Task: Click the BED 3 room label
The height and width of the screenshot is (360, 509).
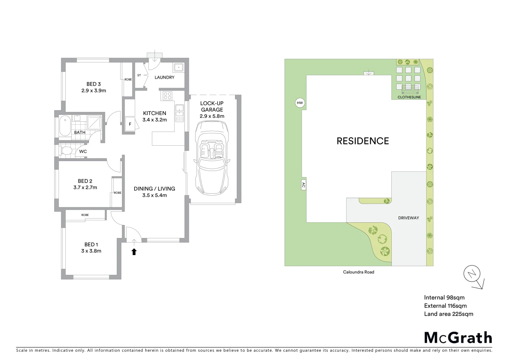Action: pos(94,84)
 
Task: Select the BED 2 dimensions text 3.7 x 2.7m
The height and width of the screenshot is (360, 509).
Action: pos(85,188)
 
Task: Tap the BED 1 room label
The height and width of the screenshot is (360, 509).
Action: pos(91,245)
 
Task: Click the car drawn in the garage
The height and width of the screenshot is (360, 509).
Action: pos(212,158)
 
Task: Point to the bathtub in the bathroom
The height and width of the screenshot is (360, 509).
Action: pos(64,125)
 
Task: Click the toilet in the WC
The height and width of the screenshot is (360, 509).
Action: pos(66,151)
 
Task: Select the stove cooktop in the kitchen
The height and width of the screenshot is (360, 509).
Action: pos(167,96)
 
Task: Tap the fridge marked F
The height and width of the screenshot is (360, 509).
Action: pos(130,124)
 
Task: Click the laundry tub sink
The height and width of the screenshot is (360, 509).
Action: pos(178,67)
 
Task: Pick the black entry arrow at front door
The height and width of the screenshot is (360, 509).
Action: pos(134,252)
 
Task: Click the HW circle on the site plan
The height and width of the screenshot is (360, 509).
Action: pos(300,103)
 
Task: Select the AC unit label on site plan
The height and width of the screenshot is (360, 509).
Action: pos(303,185)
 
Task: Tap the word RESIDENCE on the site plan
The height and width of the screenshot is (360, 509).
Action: pos(363,141)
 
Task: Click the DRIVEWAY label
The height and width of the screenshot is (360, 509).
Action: pos(408,218)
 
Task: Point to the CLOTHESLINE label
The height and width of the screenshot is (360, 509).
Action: pos(409,97)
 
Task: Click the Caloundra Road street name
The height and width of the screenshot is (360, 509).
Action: pos(358,272)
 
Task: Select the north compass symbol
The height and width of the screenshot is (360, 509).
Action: pos(472,275)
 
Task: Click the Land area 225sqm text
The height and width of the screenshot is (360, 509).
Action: pos(448,314)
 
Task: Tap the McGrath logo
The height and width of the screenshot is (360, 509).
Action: pos(458,338)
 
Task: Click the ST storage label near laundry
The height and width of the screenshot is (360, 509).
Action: pos(139,75)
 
